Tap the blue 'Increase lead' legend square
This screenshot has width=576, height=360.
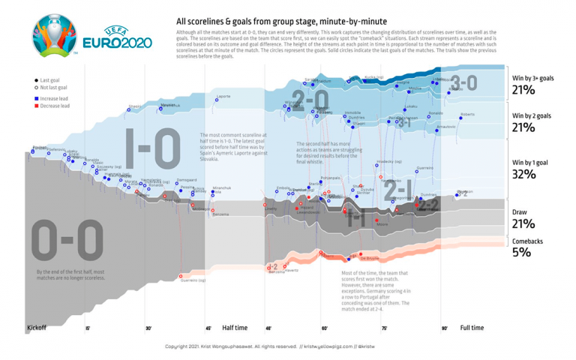(x=37, y=99)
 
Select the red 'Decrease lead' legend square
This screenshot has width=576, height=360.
(x=37, y=106)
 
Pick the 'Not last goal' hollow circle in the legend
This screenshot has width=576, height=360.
(x=37, y=88)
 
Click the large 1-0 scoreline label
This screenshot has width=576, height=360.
(x=150, y=148)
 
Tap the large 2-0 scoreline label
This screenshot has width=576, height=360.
(x=310, y=100)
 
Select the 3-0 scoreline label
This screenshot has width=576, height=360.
(x=463, y=84)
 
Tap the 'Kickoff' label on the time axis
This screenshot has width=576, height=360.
(x=36, y=328)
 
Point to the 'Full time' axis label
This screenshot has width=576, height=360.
(x=471, y=328)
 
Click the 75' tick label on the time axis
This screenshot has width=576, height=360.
(x=385, y=328)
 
